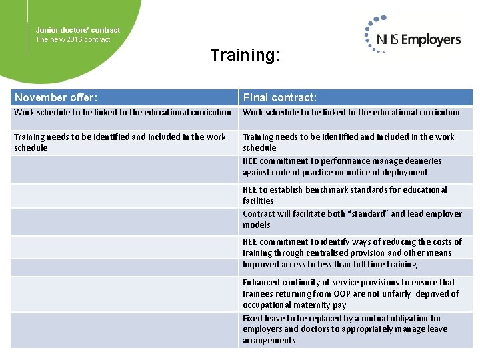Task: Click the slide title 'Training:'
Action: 245,55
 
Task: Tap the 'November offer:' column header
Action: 56,98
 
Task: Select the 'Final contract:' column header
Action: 279,98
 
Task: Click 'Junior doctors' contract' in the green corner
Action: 78,30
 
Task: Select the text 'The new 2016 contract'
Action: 73,39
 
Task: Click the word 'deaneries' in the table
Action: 421,161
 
